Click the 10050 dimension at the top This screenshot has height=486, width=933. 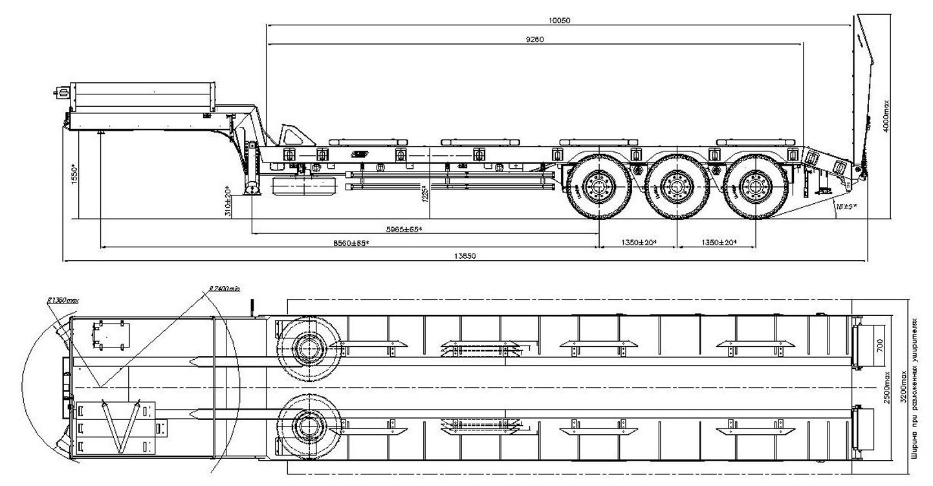559,21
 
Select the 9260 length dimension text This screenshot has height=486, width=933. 534,39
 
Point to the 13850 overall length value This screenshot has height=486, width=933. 465,256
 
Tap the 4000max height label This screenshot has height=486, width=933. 886,116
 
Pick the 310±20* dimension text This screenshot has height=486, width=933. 227,203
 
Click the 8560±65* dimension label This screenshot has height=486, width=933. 351,243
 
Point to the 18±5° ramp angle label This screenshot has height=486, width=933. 845,206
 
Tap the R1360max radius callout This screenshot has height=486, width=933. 62,300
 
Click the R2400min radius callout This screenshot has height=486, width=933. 224,289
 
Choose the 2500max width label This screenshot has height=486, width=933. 887,388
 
